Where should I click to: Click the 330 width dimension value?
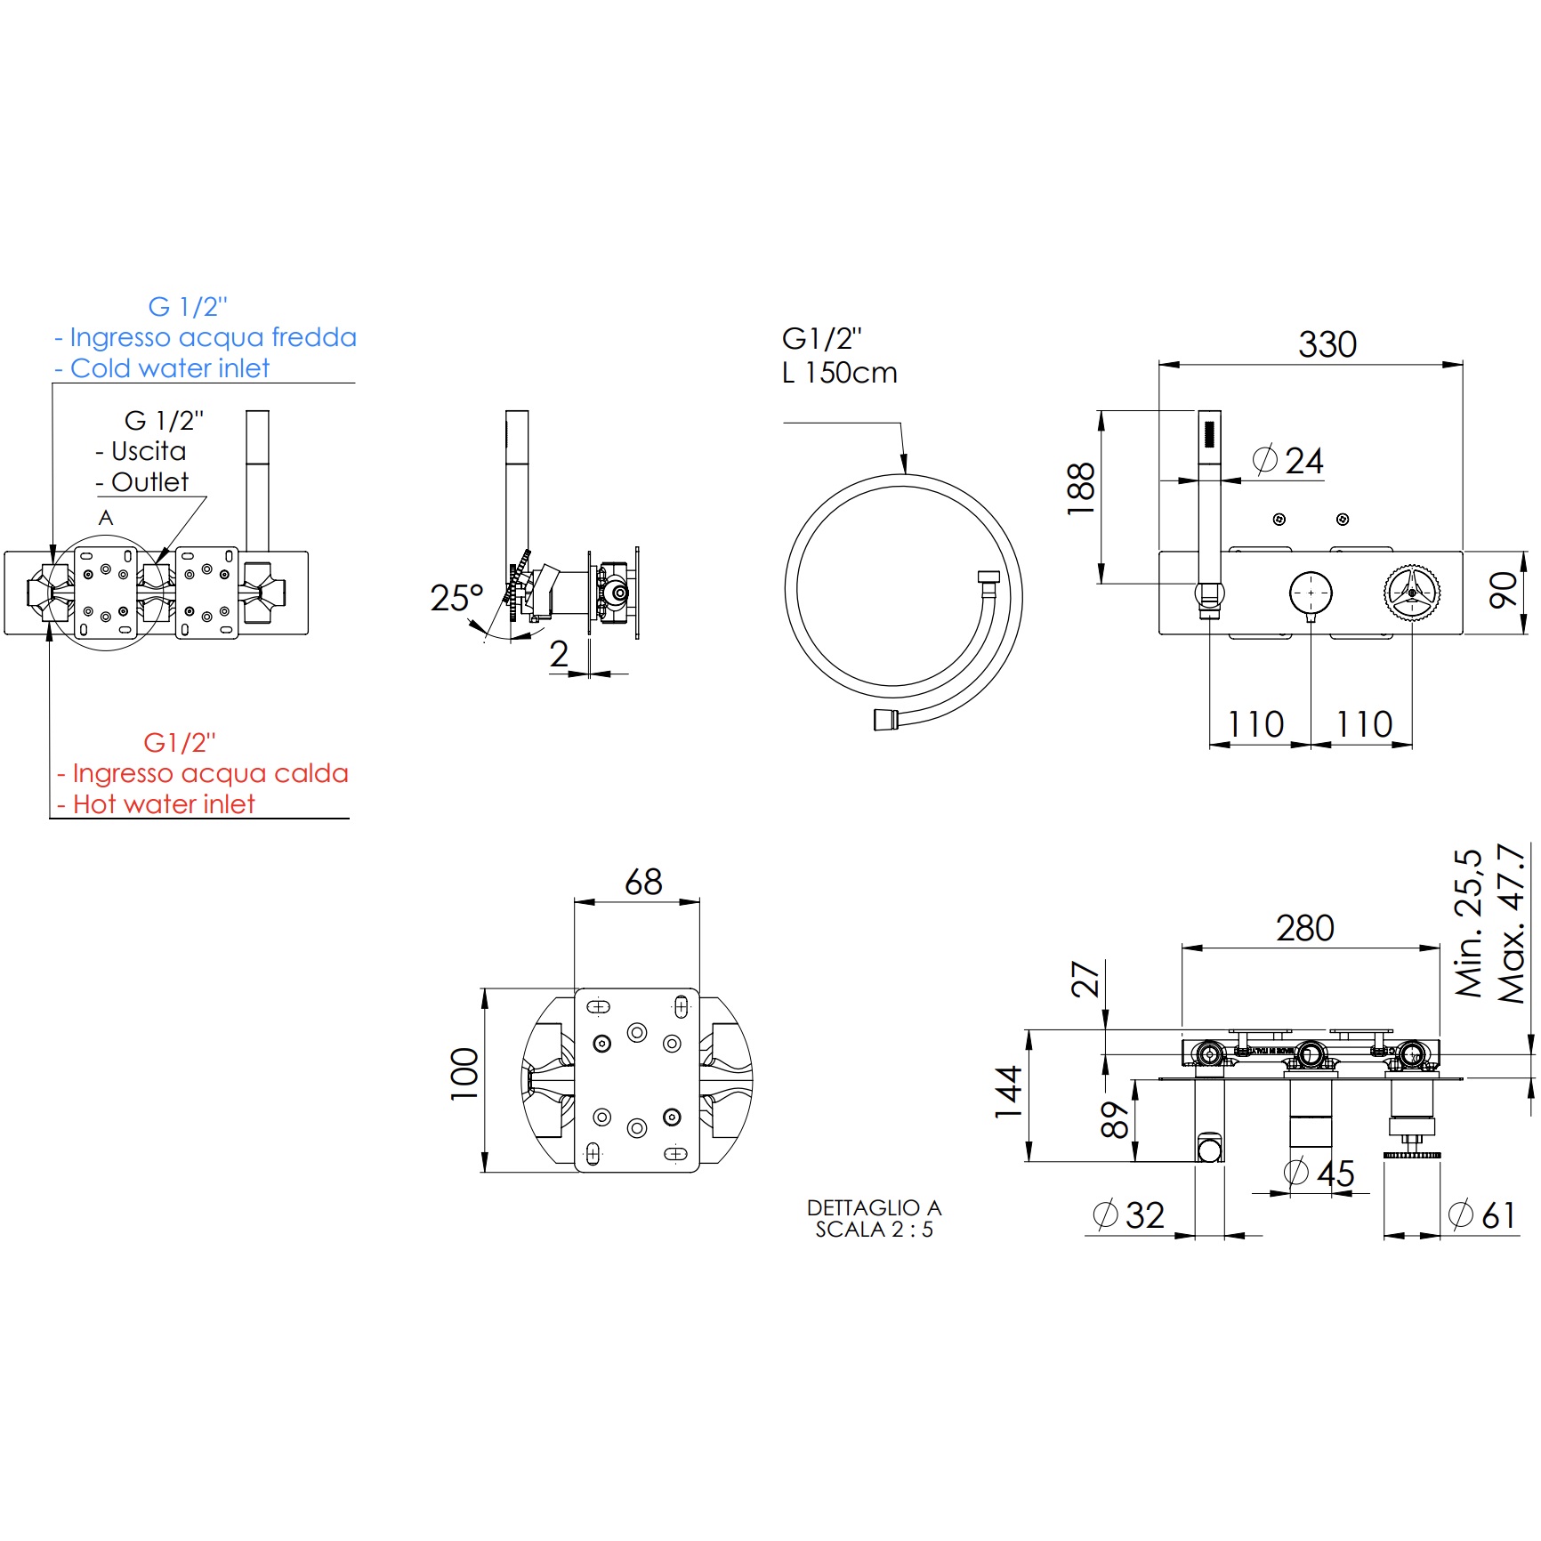tap(1327, 344)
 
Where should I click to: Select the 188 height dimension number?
tap(1081, 488)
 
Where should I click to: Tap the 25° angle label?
tap(457, 598)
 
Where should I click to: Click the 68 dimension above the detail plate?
tap(643, 882)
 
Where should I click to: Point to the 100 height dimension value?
tap(464, 1074)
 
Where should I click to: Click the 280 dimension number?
tap(1305, 928)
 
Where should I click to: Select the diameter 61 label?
tap(1482, 1214)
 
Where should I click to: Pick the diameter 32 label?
tap(1128, 1214)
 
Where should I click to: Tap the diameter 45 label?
tap(1319, 1173)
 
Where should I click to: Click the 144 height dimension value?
tap(1008, 1093)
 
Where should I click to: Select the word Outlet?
tap(149, 482)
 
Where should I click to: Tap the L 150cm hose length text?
tap(839, 373)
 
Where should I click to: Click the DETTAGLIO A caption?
tap(874, 1207)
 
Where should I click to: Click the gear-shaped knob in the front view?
tap(1412, 592)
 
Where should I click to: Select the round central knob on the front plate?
tap(1311, 592)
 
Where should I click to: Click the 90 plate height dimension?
tap(1504, 591)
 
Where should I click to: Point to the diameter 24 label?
tap(1287, 461)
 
